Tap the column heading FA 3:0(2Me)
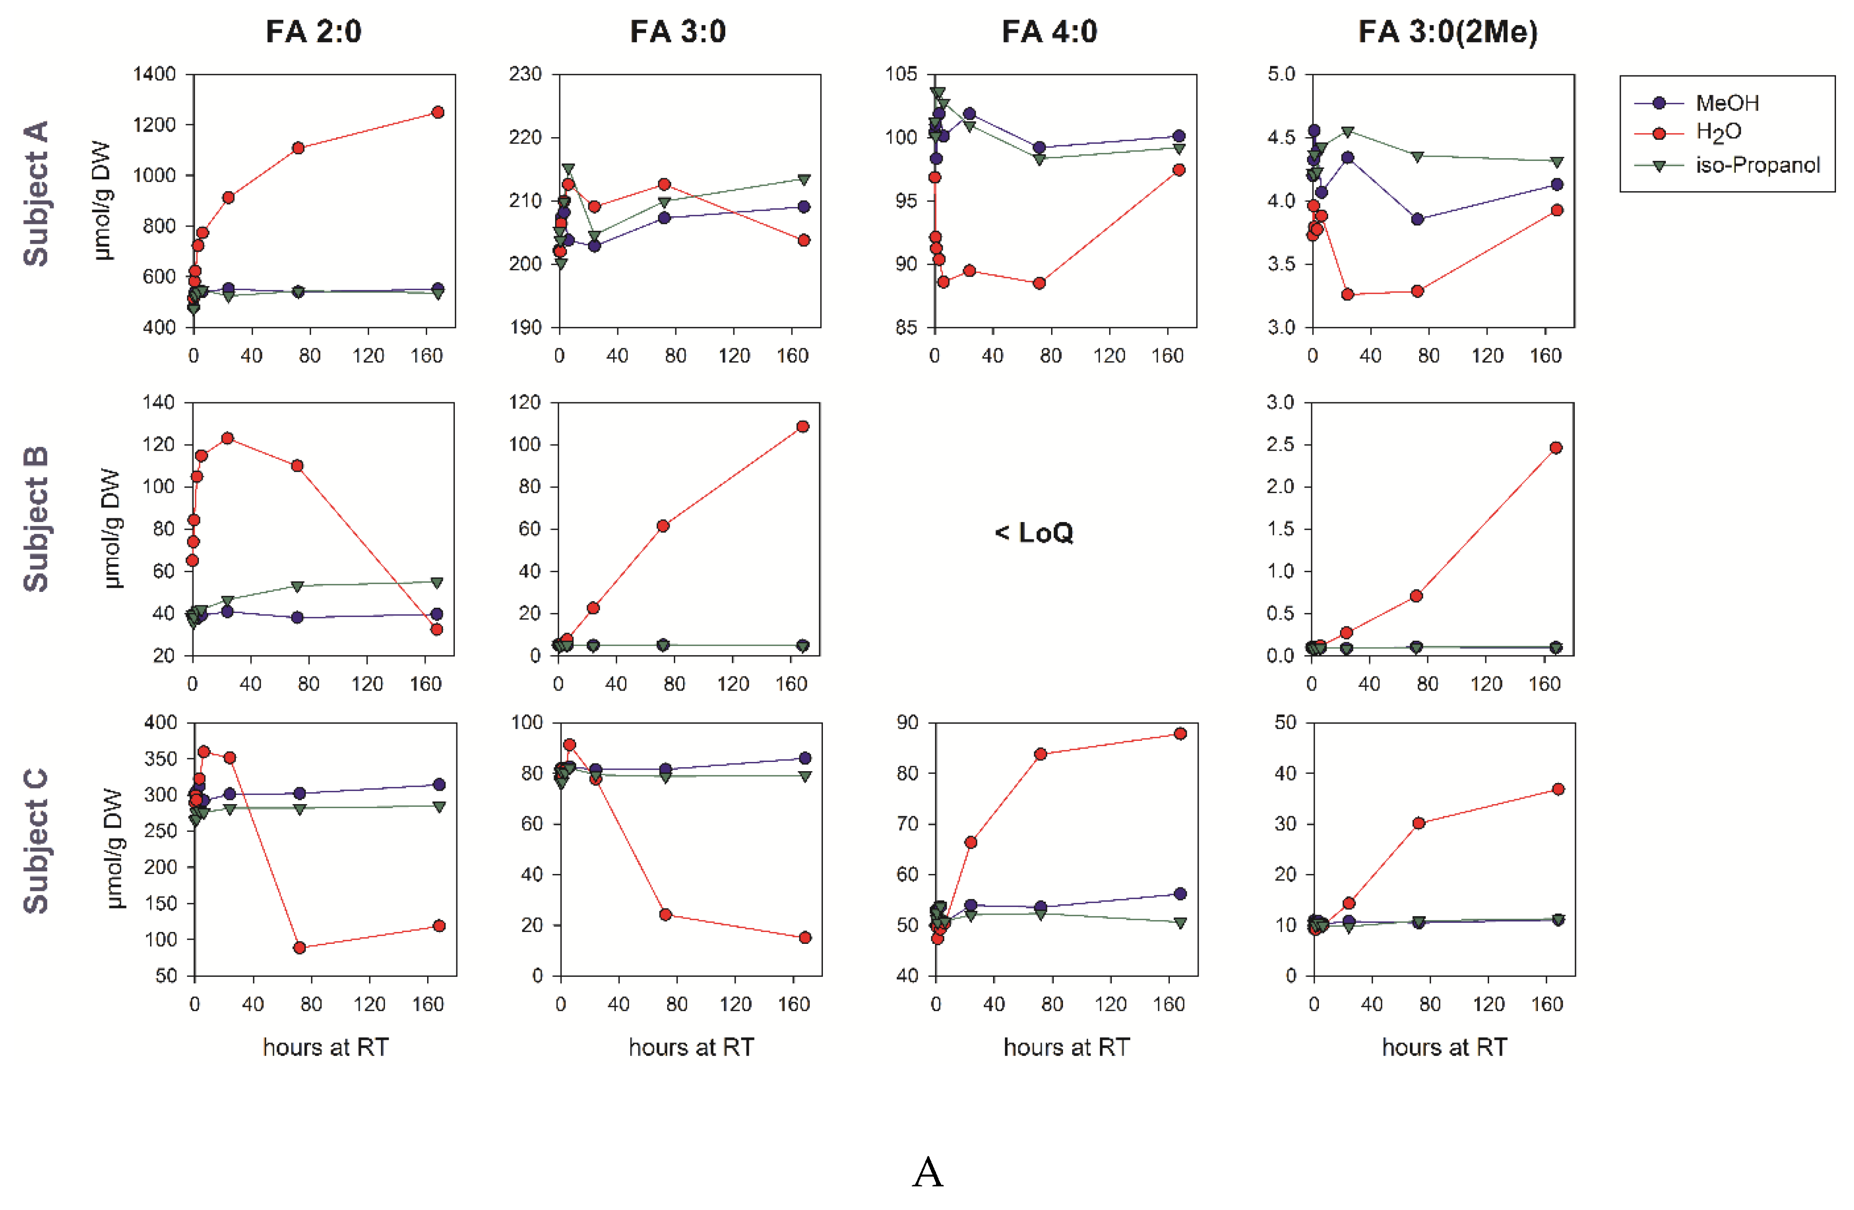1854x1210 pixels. pos(1447,32)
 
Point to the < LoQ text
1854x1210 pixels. pos(1034,533)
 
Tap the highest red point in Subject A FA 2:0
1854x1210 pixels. pos(438,112)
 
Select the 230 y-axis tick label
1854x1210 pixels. pos(525,75)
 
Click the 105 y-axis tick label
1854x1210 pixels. pos(901,75)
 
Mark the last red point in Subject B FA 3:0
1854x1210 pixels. pos(802,426)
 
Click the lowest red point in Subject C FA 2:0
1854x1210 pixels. pos(300,947)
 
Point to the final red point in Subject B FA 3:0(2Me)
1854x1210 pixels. pos(1556,448)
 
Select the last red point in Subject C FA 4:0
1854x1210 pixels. pos(1180,734)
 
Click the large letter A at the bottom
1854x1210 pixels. pos(927,1172)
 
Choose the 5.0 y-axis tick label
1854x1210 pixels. pos(1281,75)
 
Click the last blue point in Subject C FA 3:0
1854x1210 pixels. pos(805,758)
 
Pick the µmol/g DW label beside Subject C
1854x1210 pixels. pos(114,849)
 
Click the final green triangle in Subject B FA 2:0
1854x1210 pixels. pos(437,583)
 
